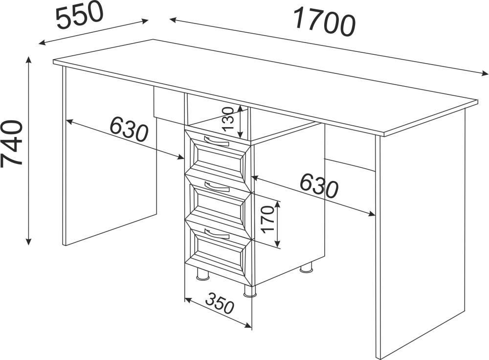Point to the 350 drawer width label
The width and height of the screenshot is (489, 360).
[x=220, y=303]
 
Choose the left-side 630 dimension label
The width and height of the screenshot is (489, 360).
[x=129, y=129]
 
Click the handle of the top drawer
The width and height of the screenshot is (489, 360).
[x=216, y=141]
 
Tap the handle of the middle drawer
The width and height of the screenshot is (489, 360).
[x=217, y=187]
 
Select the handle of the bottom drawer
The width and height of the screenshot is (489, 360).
[x=217, y=233]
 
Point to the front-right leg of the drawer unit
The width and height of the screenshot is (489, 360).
[x=250, y=291]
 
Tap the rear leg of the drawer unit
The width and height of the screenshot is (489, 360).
[x=306, y=268]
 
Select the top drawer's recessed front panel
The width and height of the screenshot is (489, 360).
[x=220, y=159]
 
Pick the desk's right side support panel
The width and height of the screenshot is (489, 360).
[x=421, y=234]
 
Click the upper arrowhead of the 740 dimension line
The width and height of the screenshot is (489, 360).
[x=29, y=60]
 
